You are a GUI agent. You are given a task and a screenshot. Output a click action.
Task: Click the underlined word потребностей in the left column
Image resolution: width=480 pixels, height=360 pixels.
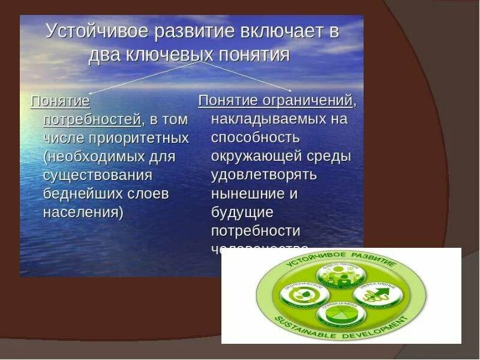pos(92,119)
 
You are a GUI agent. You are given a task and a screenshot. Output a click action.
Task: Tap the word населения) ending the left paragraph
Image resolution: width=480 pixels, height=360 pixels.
pos(83,212)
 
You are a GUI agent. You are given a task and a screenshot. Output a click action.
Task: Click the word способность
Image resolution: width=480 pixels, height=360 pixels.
pos(255,137)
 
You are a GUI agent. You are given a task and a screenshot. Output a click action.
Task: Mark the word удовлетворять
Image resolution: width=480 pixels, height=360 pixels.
pos(263,175)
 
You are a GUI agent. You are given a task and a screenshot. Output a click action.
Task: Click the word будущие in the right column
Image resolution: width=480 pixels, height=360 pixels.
pos(242,212)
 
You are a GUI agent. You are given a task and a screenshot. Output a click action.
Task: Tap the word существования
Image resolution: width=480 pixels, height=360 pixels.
pos(98,175)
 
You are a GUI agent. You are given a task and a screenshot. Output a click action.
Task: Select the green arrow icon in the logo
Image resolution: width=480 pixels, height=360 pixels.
pos(375,293)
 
